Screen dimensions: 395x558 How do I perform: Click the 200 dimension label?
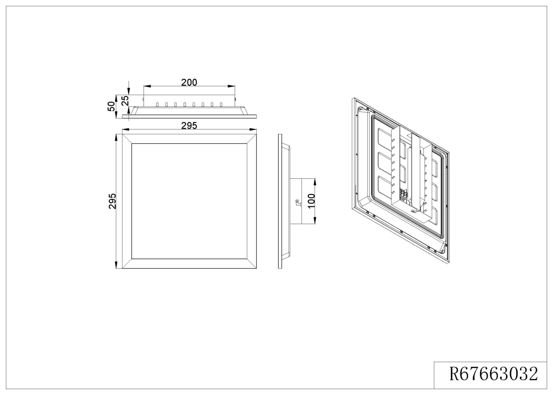pyautogui.click(x=189, y=82)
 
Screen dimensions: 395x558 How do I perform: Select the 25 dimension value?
pyautogui.click(x=125, y=100)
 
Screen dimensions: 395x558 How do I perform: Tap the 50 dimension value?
pyautogui.click(x=111, y=106)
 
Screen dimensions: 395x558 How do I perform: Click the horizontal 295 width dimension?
pyautogui.click(x=189, y=125)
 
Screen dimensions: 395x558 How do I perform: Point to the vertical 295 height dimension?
pyautogui.click(x=112, y=201)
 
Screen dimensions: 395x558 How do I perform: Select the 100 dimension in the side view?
pyautogui.click(x=311, y=201)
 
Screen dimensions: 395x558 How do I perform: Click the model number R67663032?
pyautogui.click(x=493, y=374)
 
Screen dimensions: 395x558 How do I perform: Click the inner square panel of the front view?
pyautogui.click(x=189, y=201)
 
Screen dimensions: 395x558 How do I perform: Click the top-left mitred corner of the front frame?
pyautogui.click(x=127, y=139)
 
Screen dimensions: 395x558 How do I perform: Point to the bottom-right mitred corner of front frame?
pyautogui.click(x=252, y=263)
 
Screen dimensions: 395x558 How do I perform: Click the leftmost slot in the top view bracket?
pyautogui.click(x=157, y=104)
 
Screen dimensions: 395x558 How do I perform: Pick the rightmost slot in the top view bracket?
pyautogui.click(x=221, y=104)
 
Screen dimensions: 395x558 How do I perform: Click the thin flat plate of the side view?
pyautogui.click(x=280, y=201)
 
